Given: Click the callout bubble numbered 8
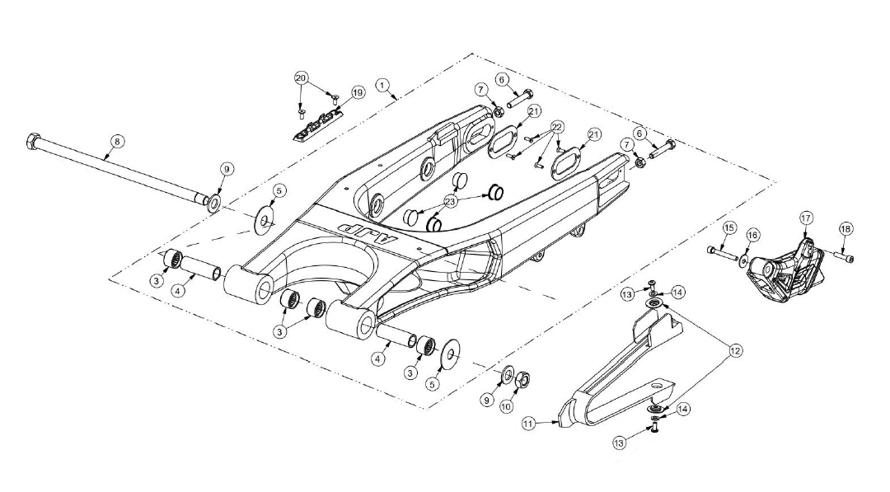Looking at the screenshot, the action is point(116,141).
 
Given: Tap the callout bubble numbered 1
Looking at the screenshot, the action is point(383,85).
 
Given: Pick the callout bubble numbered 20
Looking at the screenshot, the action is point(302,77).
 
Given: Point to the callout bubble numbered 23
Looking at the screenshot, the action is point(452,201).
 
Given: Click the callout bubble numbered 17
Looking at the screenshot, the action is point(806,218).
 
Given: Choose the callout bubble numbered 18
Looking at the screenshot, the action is point(845,228).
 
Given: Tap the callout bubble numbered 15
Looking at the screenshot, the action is point(729,228).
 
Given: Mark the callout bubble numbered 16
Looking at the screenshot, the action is point(752,235).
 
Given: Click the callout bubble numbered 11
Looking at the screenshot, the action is point(529,423).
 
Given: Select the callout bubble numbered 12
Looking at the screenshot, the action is point(735,351).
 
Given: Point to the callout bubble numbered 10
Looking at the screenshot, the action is point(506,406).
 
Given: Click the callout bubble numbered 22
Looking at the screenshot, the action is point(557,126).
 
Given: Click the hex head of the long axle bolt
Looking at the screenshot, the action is point(33,140).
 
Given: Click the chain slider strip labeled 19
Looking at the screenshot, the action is point(319,124).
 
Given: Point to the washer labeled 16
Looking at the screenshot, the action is point(743,260).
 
